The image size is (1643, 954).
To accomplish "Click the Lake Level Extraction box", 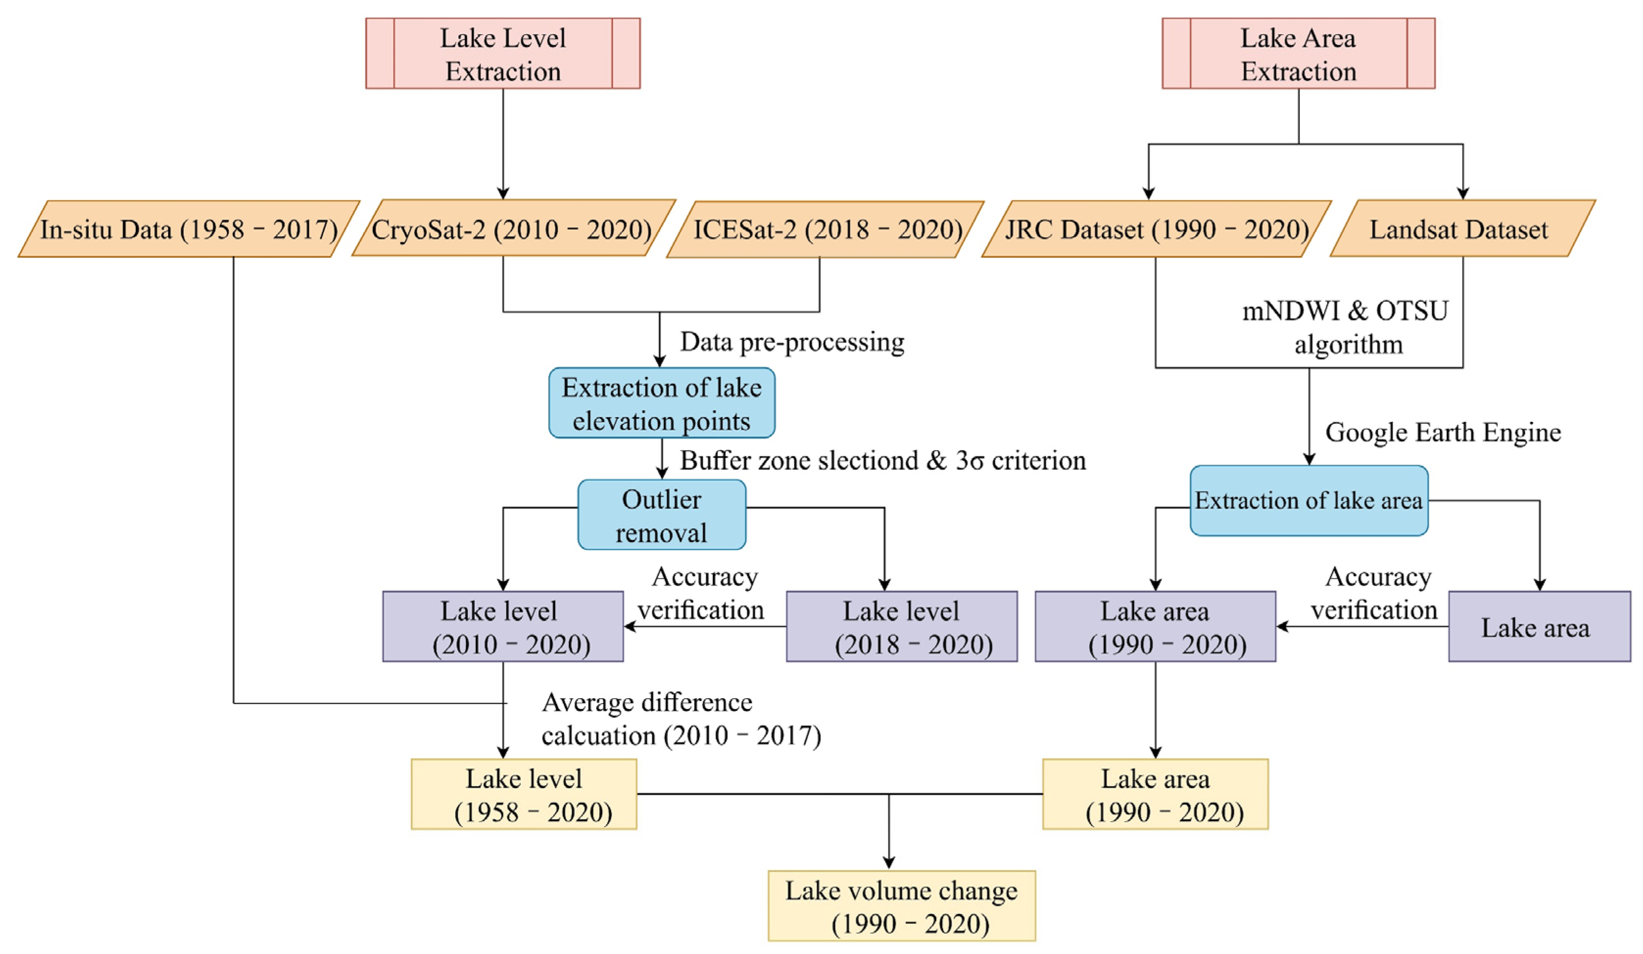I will [x=503, y=53].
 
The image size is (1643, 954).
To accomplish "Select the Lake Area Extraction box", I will [x=1298, y=53].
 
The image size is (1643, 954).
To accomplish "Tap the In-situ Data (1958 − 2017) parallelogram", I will [x=189, y=229].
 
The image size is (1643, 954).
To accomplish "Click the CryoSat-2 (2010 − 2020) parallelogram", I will [x=513, y=229].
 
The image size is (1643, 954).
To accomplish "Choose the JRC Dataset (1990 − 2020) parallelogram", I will [x=1156, y=229].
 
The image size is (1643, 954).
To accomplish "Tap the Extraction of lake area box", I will [x=1308, y=501].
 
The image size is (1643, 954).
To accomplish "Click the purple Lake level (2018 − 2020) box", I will [x=901, y=627].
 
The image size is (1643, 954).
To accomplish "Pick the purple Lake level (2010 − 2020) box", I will [x=503, y=627].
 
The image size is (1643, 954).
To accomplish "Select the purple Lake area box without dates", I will [x=1538, y=627].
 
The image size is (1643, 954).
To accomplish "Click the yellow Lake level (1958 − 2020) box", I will [x=523, y=794].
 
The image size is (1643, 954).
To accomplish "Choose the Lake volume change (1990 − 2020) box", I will [x=901, y=906].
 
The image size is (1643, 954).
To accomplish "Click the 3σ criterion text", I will [x=1020, y=461].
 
